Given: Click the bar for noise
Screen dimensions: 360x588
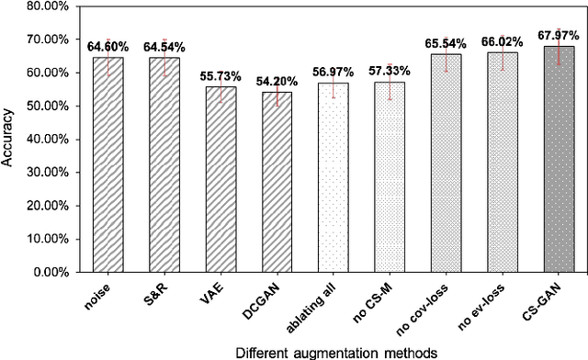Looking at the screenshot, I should (x=107, y=165).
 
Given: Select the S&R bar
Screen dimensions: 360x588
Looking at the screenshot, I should (x=164, y=165).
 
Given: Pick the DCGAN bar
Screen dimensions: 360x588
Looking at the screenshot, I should (x=277, y=183).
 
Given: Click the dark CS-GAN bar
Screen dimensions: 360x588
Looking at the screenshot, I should (x=559, y=160).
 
